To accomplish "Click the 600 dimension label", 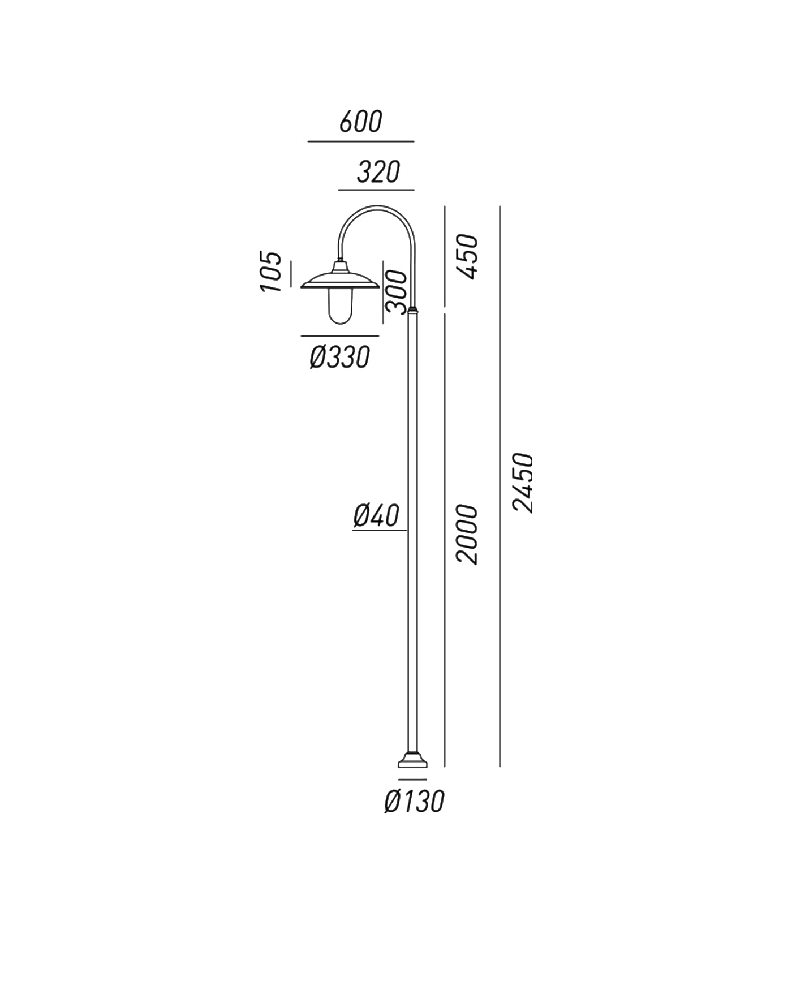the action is (361, 122).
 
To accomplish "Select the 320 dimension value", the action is (378, 172).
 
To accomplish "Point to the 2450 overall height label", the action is (523, 483).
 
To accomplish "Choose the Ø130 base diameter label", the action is (414, 801).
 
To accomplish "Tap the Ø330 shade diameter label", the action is (340, 357).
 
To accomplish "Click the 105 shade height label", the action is (270, 272).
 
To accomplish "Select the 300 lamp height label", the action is (396, 292).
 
